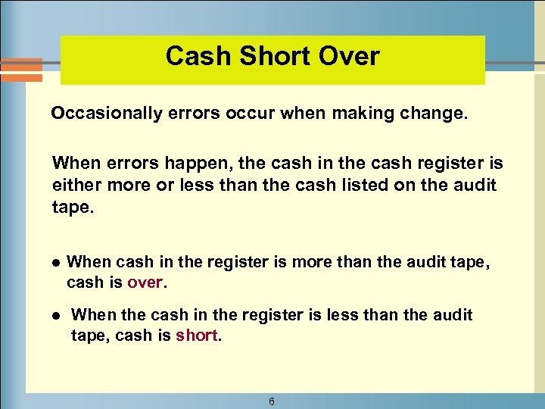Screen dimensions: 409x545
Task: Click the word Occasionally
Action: [107, 114]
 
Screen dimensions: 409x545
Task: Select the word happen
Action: [169, 164]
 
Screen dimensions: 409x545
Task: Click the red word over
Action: [145, 283]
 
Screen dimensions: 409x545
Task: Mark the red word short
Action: [197, 335]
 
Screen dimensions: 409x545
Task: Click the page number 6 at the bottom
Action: [271, 401]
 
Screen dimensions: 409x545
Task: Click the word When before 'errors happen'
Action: [74, 164]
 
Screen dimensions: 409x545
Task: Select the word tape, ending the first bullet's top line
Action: [469, 263]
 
